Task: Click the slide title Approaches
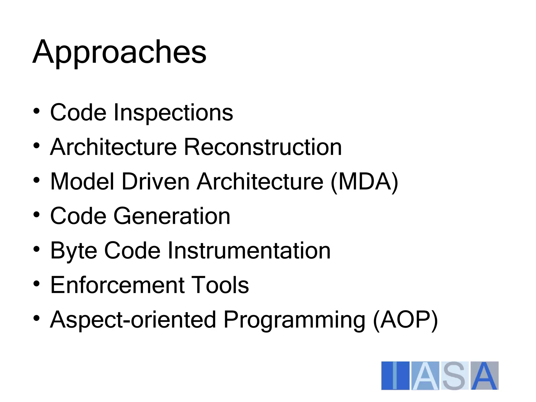[119, 52]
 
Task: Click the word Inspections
[173, 113]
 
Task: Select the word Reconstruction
[263, 147]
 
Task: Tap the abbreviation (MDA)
[364, 182]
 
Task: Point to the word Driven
[155, 182]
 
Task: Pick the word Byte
[74, 251]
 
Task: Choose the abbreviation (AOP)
[405, 320]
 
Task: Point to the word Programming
[294, 320]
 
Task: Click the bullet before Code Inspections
[37, 111]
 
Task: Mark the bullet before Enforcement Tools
[37, 283]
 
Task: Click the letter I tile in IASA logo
[395, 376]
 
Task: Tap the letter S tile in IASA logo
[455, 376]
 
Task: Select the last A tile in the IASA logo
[484, 376]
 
